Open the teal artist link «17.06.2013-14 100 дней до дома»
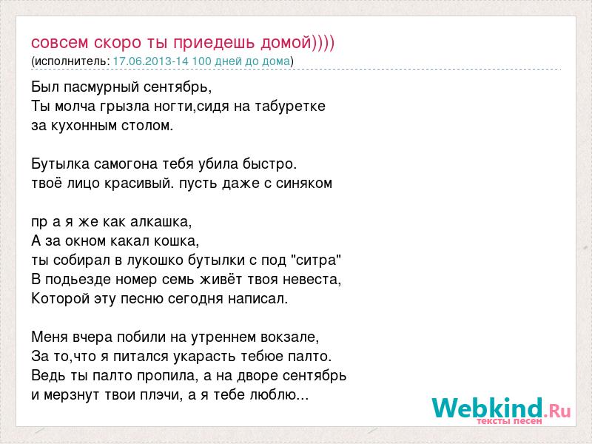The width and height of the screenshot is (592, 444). pos(201,61)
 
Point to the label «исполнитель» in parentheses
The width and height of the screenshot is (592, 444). pos(72,61)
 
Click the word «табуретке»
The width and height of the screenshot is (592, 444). pos(290,106)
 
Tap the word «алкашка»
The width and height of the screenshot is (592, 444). pos(161,221)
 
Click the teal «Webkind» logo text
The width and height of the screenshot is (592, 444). pos(488,408)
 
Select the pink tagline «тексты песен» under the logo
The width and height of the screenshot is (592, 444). pos(509,421)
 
